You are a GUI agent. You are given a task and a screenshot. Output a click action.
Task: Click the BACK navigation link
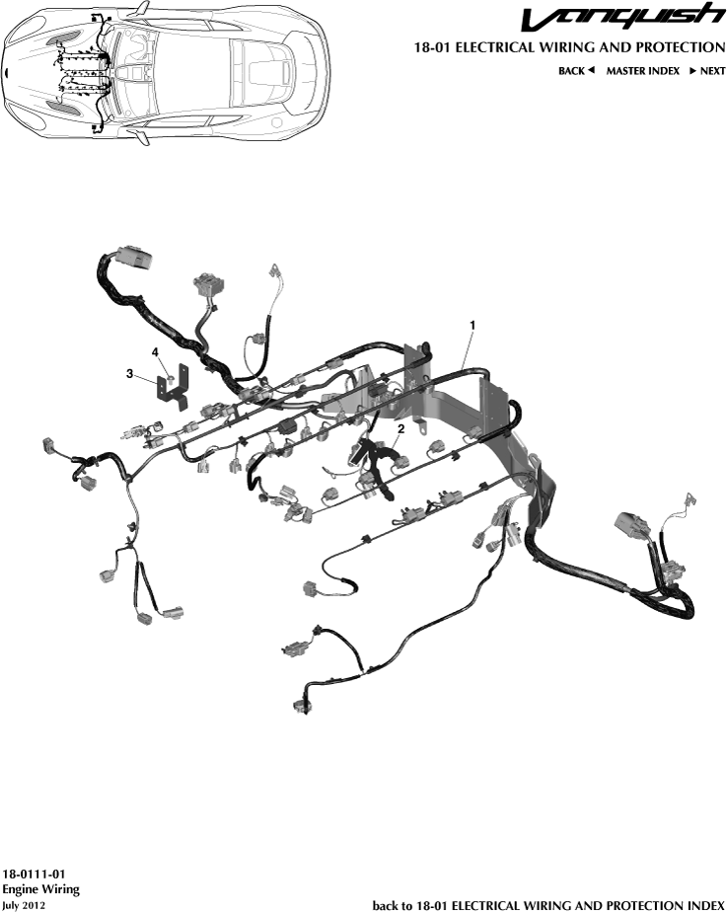click(x=576, y=71)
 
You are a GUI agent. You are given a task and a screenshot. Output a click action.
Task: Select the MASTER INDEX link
click(x=642, y=71)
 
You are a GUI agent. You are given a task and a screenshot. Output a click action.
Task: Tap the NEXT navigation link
click(x=706, y=71)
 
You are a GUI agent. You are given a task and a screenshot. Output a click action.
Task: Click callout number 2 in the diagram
click(x=400, y=429)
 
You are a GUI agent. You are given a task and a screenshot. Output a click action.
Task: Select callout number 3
click(x=130, y=373)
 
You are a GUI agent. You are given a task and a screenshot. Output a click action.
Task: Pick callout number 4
click(x=155, y=351)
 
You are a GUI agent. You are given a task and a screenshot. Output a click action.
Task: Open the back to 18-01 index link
click(x=548, y=904)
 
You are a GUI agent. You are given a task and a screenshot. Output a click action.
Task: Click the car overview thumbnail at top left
click(x=166, y=72)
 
